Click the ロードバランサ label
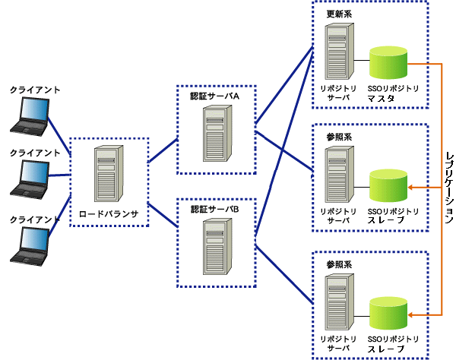coord(109,214)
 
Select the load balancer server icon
coord(109,173)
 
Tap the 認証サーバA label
coord(214,96)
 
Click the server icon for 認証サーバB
coord(217,246)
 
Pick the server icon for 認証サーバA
coord(217,133)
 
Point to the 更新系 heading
coord(339,14)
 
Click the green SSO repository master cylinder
coord(388,62)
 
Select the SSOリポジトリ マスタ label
coord(393,93)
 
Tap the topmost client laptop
coord(30,116)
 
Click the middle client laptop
coord(30,179)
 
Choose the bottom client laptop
coord(30,246)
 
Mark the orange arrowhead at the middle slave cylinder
coord(410,188)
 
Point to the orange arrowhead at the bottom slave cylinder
coord(410,314)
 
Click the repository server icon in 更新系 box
coord(340,51)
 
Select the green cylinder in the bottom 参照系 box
coord(388,313)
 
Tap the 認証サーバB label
coord(214,209)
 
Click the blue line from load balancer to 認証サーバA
coord(163,150)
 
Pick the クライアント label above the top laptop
coord(35,90)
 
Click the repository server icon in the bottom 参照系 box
coord(340,302)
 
